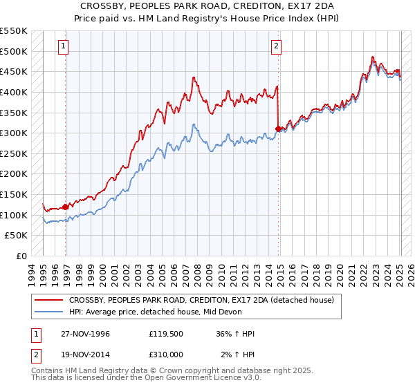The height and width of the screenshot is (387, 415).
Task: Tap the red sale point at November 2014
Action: [x=278, y=129]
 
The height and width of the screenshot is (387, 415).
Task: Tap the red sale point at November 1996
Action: [x=66, y=206]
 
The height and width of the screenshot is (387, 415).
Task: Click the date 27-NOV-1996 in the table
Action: [x=86, y=334]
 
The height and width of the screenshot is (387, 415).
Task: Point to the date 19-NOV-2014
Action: [x=86, y=355]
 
